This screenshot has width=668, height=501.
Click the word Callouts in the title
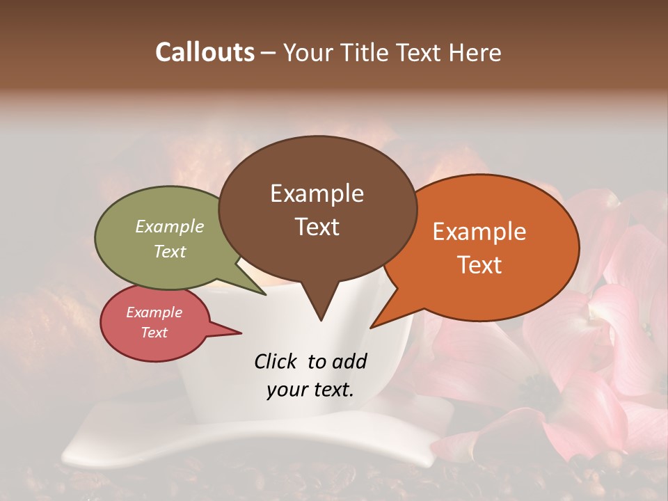(x=205, y=52)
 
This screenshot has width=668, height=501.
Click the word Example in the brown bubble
(x=317, y=193)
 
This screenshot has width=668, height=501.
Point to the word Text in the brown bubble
(x=317, y=227)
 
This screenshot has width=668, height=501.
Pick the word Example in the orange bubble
(x=479, y=232)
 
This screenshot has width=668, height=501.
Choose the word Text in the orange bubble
(x=479, y=265)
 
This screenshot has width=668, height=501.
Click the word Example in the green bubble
(x=170, y=227)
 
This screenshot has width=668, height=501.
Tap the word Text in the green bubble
(x=170, y=251)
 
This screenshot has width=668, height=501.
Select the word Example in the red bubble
(x=154, y=312)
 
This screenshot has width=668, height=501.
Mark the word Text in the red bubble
(x=154, y=333)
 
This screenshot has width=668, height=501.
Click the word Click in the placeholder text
(x=276, y=361)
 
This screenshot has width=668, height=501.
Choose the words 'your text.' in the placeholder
(x=310, y=390)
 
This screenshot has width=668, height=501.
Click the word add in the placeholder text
(x=350, y=361)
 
